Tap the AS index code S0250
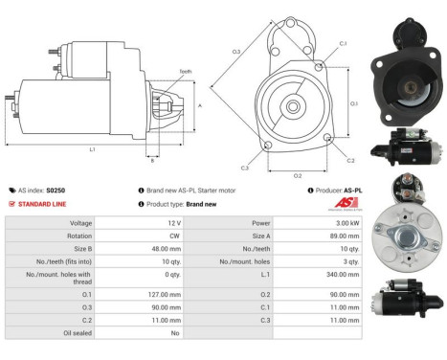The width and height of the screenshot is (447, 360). pos(56,191)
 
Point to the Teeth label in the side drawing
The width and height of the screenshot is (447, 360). pos(186,71)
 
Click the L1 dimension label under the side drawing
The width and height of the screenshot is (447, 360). pos(92,150)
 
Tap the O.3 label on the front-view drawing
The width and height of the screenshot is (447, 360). pos(235,52)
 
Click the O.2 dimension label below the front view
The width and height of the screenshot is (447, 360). pos(297,176)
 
